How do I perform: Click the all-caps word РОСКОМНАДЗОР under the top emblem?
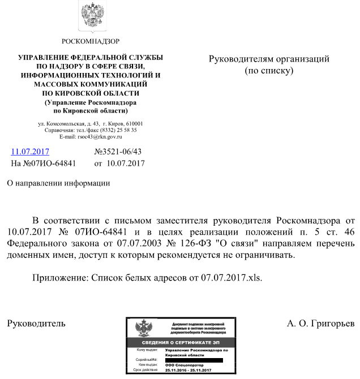click(x=91, y=41)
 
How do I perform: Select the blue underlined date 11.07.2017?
click(x=30, y=152)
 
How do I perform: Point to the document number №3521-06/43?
click(x=118, y=152)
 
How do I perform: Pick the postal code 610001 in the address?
click(x=134, y=123)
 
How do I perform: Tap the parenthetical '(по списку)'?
click(x=269, y=71)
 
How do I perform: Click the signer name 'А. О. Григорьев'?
click(x=320, y=324)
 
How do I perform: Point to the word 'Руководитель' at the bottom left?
click(x=36, y=324)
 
